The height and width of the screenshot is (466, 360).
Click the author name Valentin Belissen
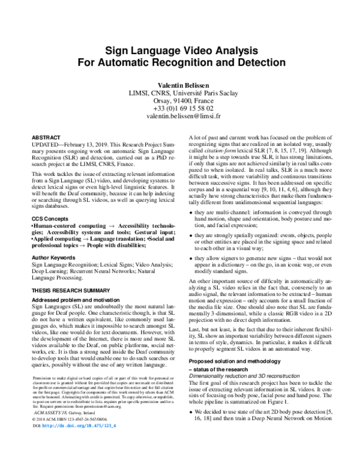[179, 85]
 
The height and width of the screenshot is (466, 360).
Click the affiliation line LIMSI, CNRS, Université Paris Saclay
[179, 93]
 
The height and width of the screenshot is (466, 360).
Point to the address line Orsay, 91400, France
[179, 101]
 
